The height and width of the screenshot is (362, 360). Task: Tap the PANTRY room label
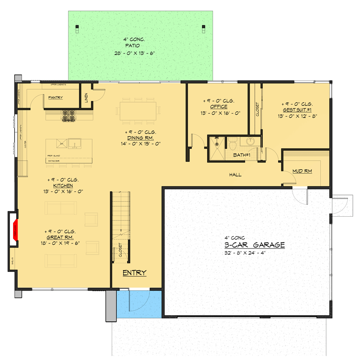click(x=55, y=98)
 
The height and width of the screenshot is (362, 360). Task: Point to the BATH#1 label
click(x=242, y=155)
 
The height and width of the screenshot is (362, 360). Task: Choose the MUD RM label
click(x=302, y=171)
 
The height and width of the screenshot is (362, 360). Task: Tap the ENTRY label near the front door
click(x=134, y=273)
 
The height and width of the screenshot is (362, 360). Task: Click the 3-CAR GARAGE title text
click(x=255, y=245)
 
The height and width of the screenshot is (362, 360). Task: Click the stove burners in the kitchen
click(x=68, y=116)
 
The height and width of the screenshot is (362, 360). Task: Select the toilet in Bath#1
click(x=232, y=144)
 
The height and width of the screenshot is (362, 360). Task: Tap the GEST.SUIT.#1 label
click(x=296, y=109)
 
